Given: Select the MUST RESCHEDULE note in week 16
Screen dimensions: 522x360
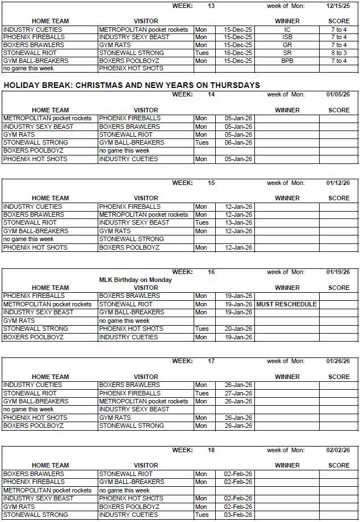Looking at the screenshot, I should coord(286,304).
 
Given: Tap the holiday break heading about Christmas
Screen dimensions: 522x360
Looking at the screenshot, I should coord(131,85).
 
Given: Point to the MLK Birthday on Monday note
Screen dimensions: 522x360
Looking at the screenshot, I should coord(135,280).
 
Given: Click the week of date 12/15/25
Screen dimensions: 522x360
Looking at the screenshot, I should coord(338,6).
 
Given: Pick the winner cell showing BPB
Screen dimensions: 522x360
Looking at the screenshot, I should coord(287,61).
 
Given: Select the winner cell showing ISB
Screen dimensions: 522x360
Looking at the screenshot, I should coord(287,37).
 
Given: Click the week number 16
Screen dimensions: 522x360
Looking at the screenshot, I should coord(211,272).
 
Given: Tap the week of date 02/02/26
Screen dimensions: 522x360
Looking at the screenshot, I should coord(338,450).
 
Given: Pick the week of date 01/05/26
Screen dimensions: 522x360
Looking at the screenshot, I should coord(338,94).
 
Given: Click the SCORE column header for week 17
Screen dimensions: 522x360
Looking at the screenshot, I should coord(339,377).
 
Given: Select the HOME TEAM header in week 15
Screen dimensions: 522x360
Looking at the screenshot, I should coord(50,199).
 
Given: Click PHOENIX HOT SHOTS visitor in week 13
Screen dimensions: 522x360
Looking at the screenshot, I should coord(131,68).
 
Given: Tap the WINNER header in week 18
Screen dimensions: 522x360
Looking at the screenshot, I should coord(287,465).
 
